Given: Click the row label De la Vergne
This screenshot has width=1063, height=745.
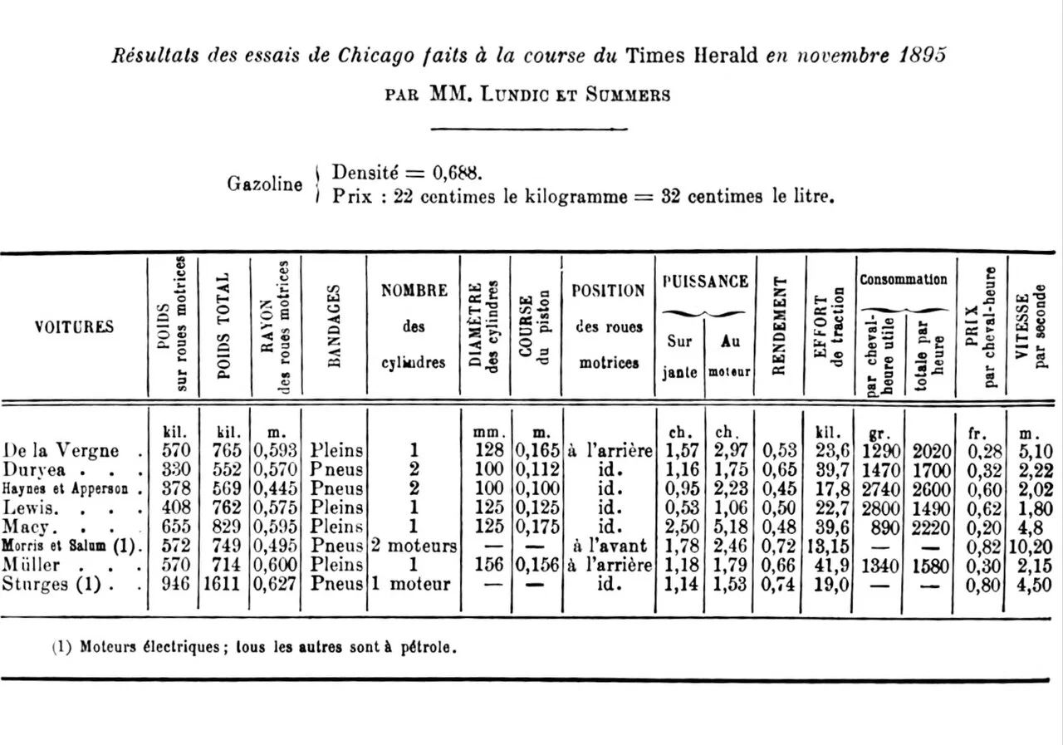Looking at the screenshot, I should [61, 451].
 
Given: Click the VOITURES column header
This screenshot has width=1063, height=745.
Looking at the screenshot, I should [74, 326].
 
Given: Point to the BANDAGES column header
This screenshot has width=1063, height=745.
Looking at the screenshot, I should [334, 326].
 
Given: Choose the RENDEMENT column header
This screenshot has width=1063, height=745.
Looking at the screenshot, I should [779, 326].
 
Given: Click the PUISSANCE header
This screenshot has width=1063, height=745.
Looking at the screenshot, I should [705, 282].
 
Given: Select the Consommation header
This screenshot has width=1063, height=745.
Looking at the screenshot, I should [904, 280].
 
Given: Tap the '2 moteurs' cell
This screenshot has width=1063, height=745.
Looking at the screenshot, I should [413, 546].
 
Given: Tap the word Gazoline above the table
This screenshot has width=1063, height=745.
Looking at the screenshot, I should [265, 184].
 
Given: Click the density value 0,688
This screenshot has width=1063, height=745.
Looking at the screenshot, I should [455, 173].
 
